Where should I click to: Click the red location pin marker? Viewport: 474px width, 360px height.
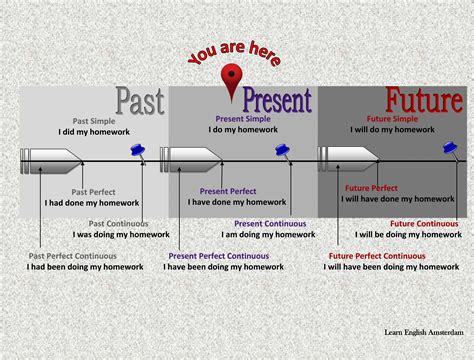click(234, 79)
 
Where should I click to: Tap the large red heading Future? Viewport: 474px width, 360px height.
click(424, 101)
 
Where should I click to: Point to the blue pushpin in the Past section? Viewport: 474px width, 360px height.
click(138, 150)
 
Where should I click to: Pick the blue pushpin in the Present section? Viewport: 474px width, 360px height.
click(284, 150)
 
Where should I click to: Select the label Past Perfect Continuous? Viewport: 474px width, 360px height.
click(79, 256)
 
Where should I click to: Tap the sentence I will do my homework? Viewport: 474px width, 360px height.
click(386, 130)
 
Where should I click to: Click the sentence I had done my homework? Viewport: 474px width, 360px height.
click(92, 202)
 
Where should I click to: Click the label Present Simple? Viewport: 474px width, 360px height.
click(213, 120)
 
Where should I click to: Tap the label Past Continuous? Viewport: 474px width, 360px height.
click(118, 224)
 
